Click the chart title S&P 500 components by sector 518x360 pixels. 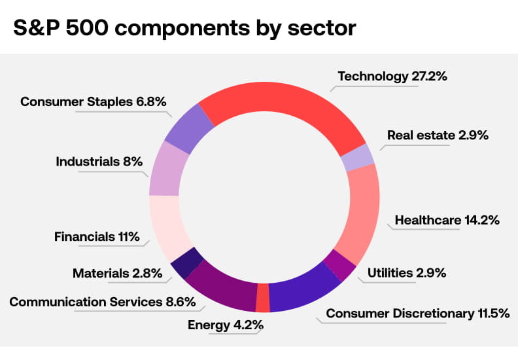tap(184, 28)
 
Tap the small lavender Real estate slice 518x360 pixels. tap(358, 158)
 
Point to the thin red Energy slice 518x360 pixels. tap(263, 298)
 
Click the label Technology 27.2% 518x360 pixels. tap(392, 77)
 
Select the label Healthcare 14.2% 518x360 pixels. tap(447, 221)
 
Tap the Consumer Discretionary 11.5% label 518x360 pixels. tap(417, 314)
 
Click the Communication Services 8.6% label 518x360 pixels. tap(93, 302)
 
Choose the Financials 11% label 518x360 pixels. tap(97, 237)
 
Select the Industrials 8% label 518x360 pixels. tap(99, 162)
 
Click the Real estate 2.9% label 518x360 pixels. tap(438, 135)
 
